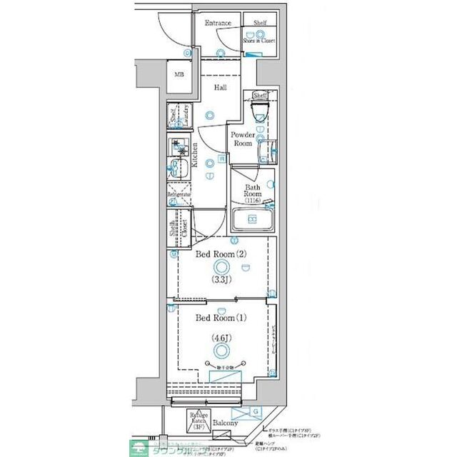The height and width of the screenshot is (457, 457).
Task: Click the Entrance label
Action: (x=218, y=24)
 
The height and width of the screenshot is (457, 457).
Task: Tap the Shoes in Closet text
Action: (x=258, y=41)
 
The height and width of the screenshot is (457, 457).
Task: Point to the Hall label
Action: (x=221, y=87)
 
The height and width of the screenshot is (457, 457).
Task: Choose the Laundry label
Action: (x=184, y=116)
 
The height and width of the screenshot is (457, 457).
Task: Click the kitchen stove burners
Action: (x=176, y=148)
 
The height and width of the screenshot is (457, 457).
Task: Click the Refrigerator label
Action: (x=179, y=194)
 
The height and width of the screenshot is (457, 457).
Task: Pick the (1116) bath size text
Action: (x=253, y=201)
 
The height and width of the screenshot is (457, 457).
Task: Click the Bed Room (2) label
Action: (x=221, y=253)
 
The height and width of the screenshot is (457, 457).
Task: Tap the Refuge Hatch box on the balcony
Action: (x=198, y=421)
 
